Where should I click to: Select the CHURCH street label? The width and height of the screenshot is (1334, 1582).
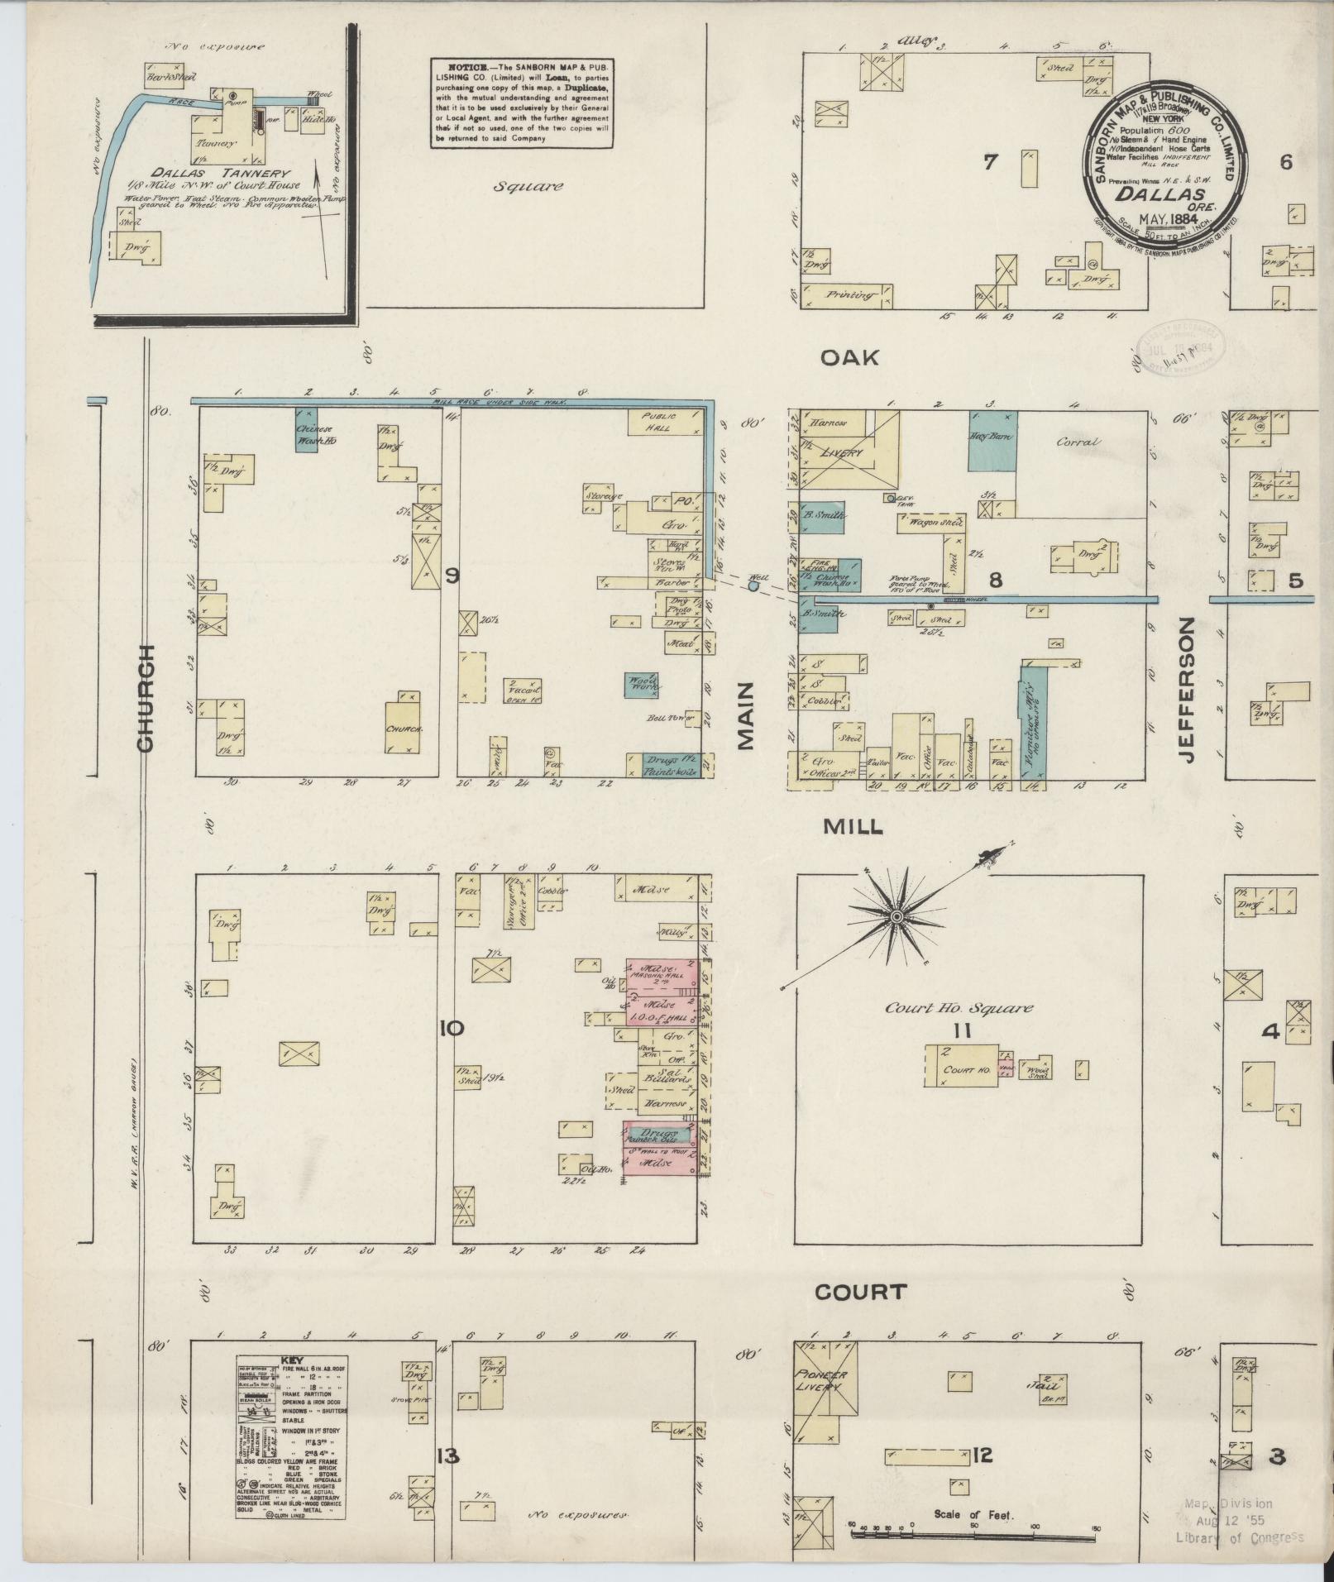(x=146, y=698)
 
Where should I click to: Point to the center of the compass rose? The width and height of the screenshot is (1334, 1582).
(x=897, y=917)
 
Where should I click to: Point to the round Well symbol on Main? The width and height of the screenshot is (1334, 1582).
(x=753, y=585)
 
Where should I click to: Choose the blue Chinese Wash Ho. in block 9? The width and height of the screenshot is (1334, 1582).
(x=308, y=429)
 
